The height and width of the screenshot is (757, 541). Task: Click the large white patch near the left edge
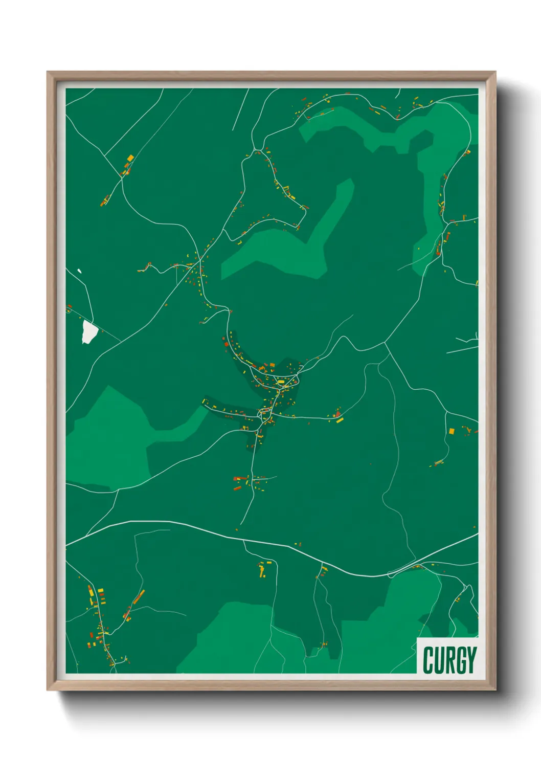point(89,332)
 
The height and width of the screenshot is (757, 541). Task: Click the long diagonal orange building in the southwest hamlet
point(139,596)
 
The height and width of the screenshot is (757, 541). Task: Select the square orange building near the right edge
point(452,431)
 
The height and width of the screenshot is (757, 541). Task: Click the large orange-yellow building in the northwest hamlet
point(130,158)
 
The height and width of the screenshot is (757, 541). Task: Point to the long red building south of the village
point(240,479)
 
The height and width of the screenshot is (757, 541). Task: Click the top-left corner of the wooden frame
point(48,72)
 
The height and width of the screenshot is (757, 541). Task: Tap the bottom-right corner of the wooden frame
point(495,689)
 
